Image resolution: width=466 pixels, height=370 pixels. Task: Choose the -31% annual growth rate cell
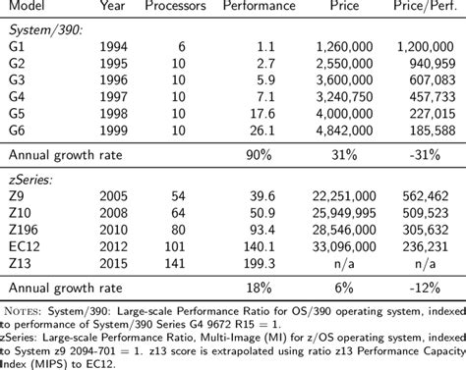click(x=439, y=154)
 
